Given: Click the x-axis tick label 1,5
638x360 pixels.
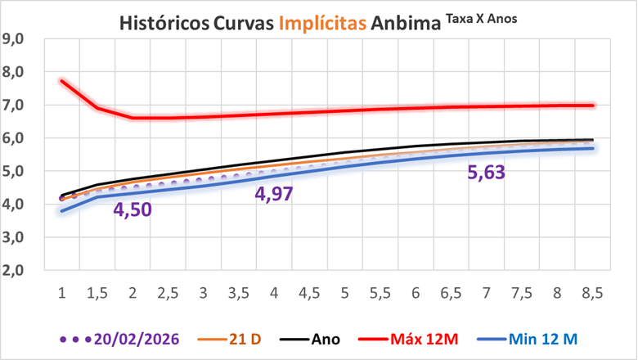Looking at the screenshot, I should (97, 293).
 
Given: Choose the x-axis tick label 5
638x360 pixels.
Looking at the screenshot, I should (344, 293).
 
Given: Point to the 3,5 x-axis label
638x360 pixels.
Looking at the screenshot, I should (239, 293).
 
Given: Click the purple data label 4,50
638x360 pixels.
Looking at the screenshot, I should (133, 211).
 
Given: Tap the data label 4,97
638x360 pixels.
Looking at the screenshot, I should (274, 195).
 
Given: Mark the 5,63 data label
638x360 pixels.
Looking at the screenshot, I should (487, 172).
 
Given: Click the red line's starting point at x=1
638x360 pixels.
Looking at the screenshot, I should (62, 80).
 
